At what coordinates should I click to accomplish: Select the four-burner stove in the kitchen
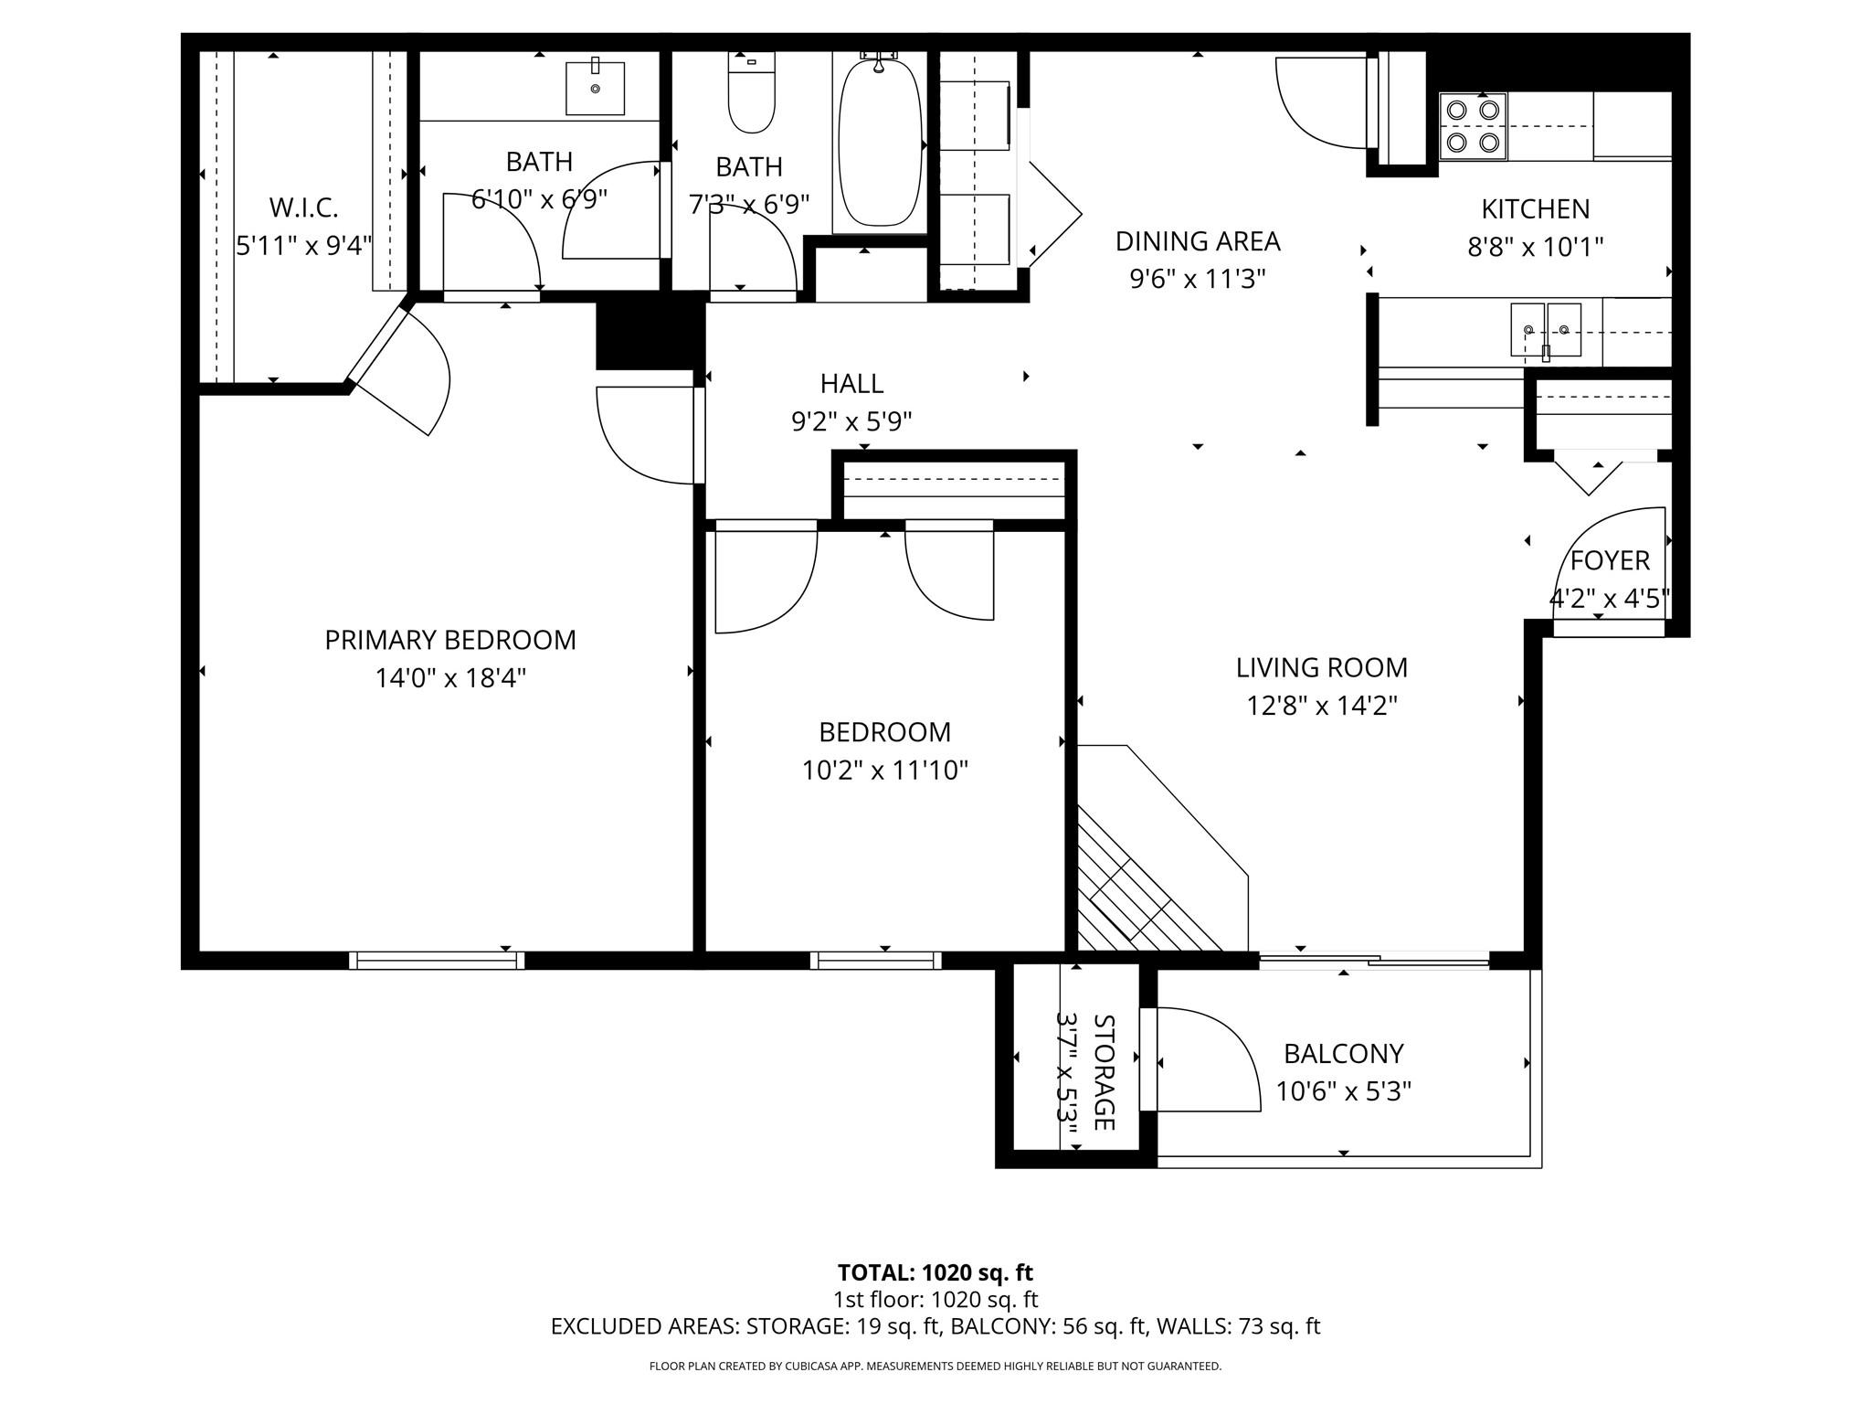1473,126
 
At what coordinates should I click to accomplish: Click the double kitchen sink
1546,330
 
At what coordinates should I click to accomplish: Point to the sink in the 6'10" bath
595,88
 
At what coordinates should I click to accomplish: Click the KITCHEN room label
1535,209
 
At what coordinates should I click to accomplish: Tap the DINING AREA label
1198,241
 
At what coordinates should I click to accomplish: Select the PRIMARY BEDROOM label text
450,640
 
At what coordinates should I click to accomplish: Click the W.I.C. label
303,207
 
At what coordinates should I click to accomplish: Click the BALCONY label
1343,1054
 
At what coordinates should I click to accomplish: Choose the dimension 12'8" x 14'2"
1322,706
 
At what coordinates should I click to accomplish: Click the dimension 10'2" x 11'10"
884,771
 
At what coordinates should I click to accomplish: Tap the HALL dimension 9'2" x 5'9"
851,421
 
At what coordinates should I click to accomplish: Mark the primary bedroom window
437,960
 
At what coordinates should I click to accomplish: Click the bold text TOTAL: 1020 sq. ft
935,1272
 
